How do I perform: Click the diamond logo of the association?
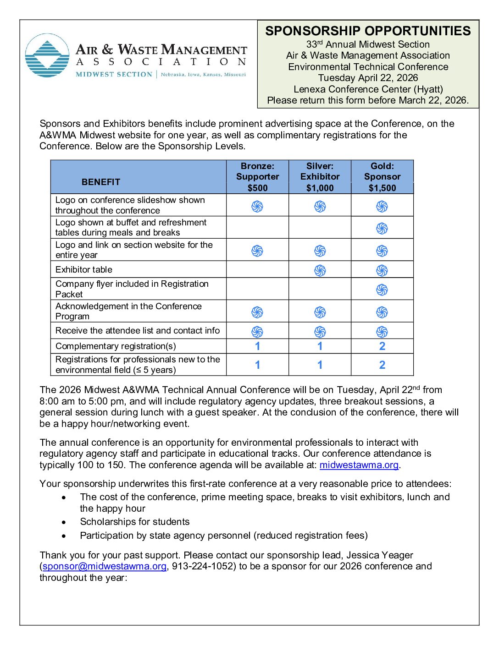pos(47,55)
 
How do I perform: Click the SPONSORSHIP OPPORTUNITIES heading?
pos(368,31)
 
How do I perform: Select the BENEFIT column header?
pos(101,182)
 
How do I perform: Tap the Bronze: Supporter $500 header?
pos(257,177)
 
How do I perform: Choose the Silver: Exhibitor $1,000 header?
pos(320,177)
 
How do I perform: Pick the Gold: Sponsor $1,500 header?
pos(382,177)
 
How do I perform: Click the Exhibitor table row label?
pos(84,269)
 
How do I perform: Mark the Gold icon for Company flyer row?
pos(382,290)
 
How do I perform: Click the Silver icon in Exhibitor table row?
pos(320,270)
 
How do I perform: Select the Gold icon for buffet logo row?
pos(382,228)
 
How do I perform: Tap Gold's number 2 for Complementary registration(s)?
pos(382,346)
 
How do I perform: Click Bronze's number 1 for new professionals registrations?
pos(257,365)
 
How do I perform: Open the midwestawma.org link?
pos(359,465)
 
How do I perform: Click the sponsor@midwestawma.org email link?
pos(105,566)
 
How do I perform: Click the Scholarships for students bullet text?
pos(134,522)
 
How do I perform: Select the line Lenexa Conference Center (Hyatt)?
pos(368,89)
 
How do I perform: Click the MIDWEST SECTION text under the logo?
pos(114,74)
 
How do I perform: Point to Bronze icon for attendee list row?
pos(257,331)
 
